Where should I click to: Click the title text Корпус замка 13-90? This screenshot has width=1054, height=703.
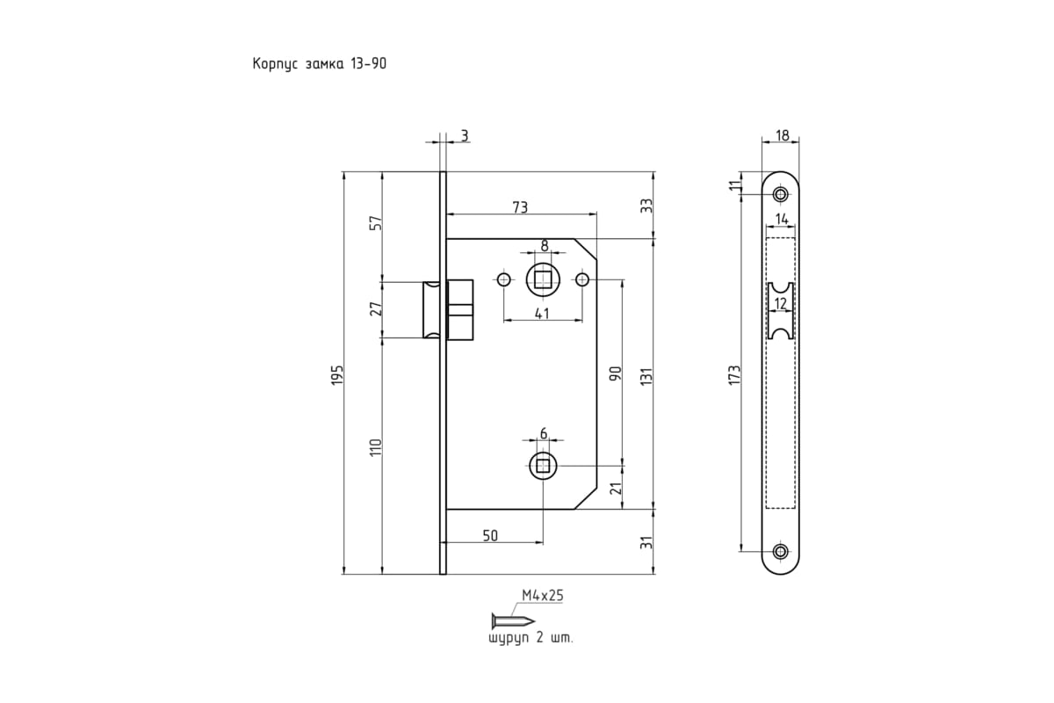click(x=319, y=64)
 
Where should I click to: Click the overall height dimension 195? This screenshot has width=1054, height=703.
click(x=338, y=373)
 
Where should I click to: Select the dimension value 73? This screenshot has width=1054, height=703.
click(x=520, y=207)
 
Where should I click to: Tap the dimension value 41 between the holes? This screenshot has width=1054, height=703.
click(x=542, y=314)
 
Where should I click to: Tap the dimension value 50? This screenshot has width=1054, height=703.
click(x=492, y=535)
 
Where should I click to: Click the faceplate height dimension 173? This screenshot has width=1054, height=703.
click(x=735, y=373)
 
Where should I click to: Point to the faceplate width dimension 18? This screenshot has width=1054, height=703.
click(x=783, y=136)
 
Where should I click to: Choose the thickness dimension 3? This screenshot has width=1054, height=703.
click(x=464, y=136)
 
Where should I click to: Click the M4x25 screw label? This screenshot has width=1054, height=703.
click(x=542, y=595)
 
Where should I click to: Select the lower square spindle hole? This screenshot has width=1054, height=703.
click(x=543, y=466)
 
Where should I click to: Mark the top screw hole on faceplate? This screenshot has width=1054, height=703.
click(x=780, y=194)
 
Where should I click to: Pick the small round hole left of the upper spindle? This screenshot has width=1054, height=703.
click(x=503, y=280)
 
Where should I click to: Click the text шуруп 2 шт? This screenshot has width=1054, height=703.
click(x=531, y=639)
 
